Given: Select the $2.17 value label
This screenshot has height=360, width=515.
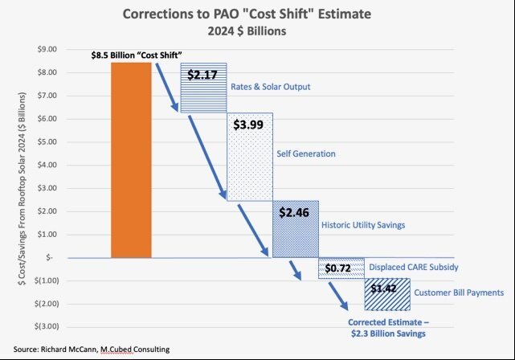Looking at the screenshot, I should (202, 75).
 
